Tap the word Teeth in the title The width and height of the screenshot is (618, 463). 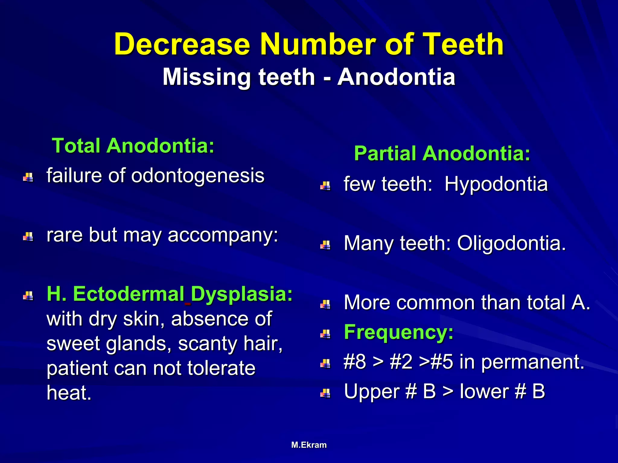(x=463, y=44)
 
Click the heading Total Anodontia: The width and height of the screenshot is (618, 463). (x=133, y=146)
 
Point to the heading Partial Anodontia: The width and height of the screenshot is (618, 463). (x=442, y=153)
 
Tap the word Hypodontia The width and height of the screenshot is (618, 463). (x=496, y=184)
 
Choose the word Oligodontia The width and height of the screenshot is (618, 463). (x=511, y=243)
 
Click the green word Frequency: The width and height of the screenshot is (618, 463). (x=399, y=332)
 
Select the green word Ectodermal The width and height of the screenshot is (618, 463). (x=129, y=294)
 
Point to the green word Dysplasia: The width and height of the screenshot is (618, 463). (x=242, y=294)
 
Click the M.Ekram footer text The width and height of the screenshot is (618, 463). (x=309, y=445)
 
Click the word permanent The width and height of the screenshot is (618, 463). (x=533, y=362)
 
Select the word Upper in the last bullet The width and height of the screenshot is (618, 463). (x=372, y=391)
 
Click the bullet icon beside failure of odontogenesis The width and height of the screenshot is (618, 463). (x=28, y=177)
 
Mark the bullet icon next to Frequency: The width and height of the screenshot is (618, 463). (x=325, y=334)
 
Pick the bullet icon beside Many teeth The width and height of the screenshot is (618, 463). (x=325, y=245)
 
